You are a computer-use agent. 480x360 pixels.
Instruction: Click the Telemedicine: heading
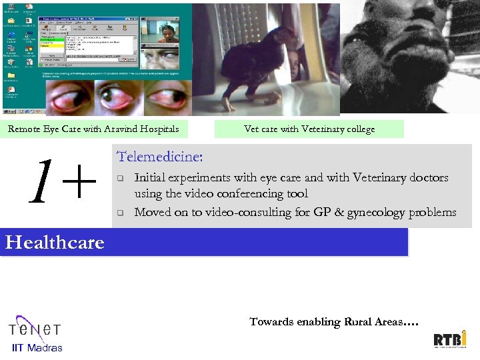point(160,157)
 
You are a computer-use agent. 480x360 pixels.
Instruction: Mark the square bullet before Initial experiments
point(121,179)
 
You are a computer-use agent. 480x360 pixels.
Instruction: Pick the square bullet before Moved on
point(121,213)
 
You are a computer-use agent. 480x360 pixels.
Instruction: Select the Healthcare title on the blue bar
point(55,242)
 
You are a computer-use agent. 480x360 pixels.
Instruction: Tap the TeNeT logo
point(35,328)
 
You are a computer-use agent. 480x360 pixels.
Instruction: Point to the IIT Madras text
point(37,347)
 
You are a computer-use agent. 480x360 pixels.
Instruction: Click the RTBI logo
point(450,339)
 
